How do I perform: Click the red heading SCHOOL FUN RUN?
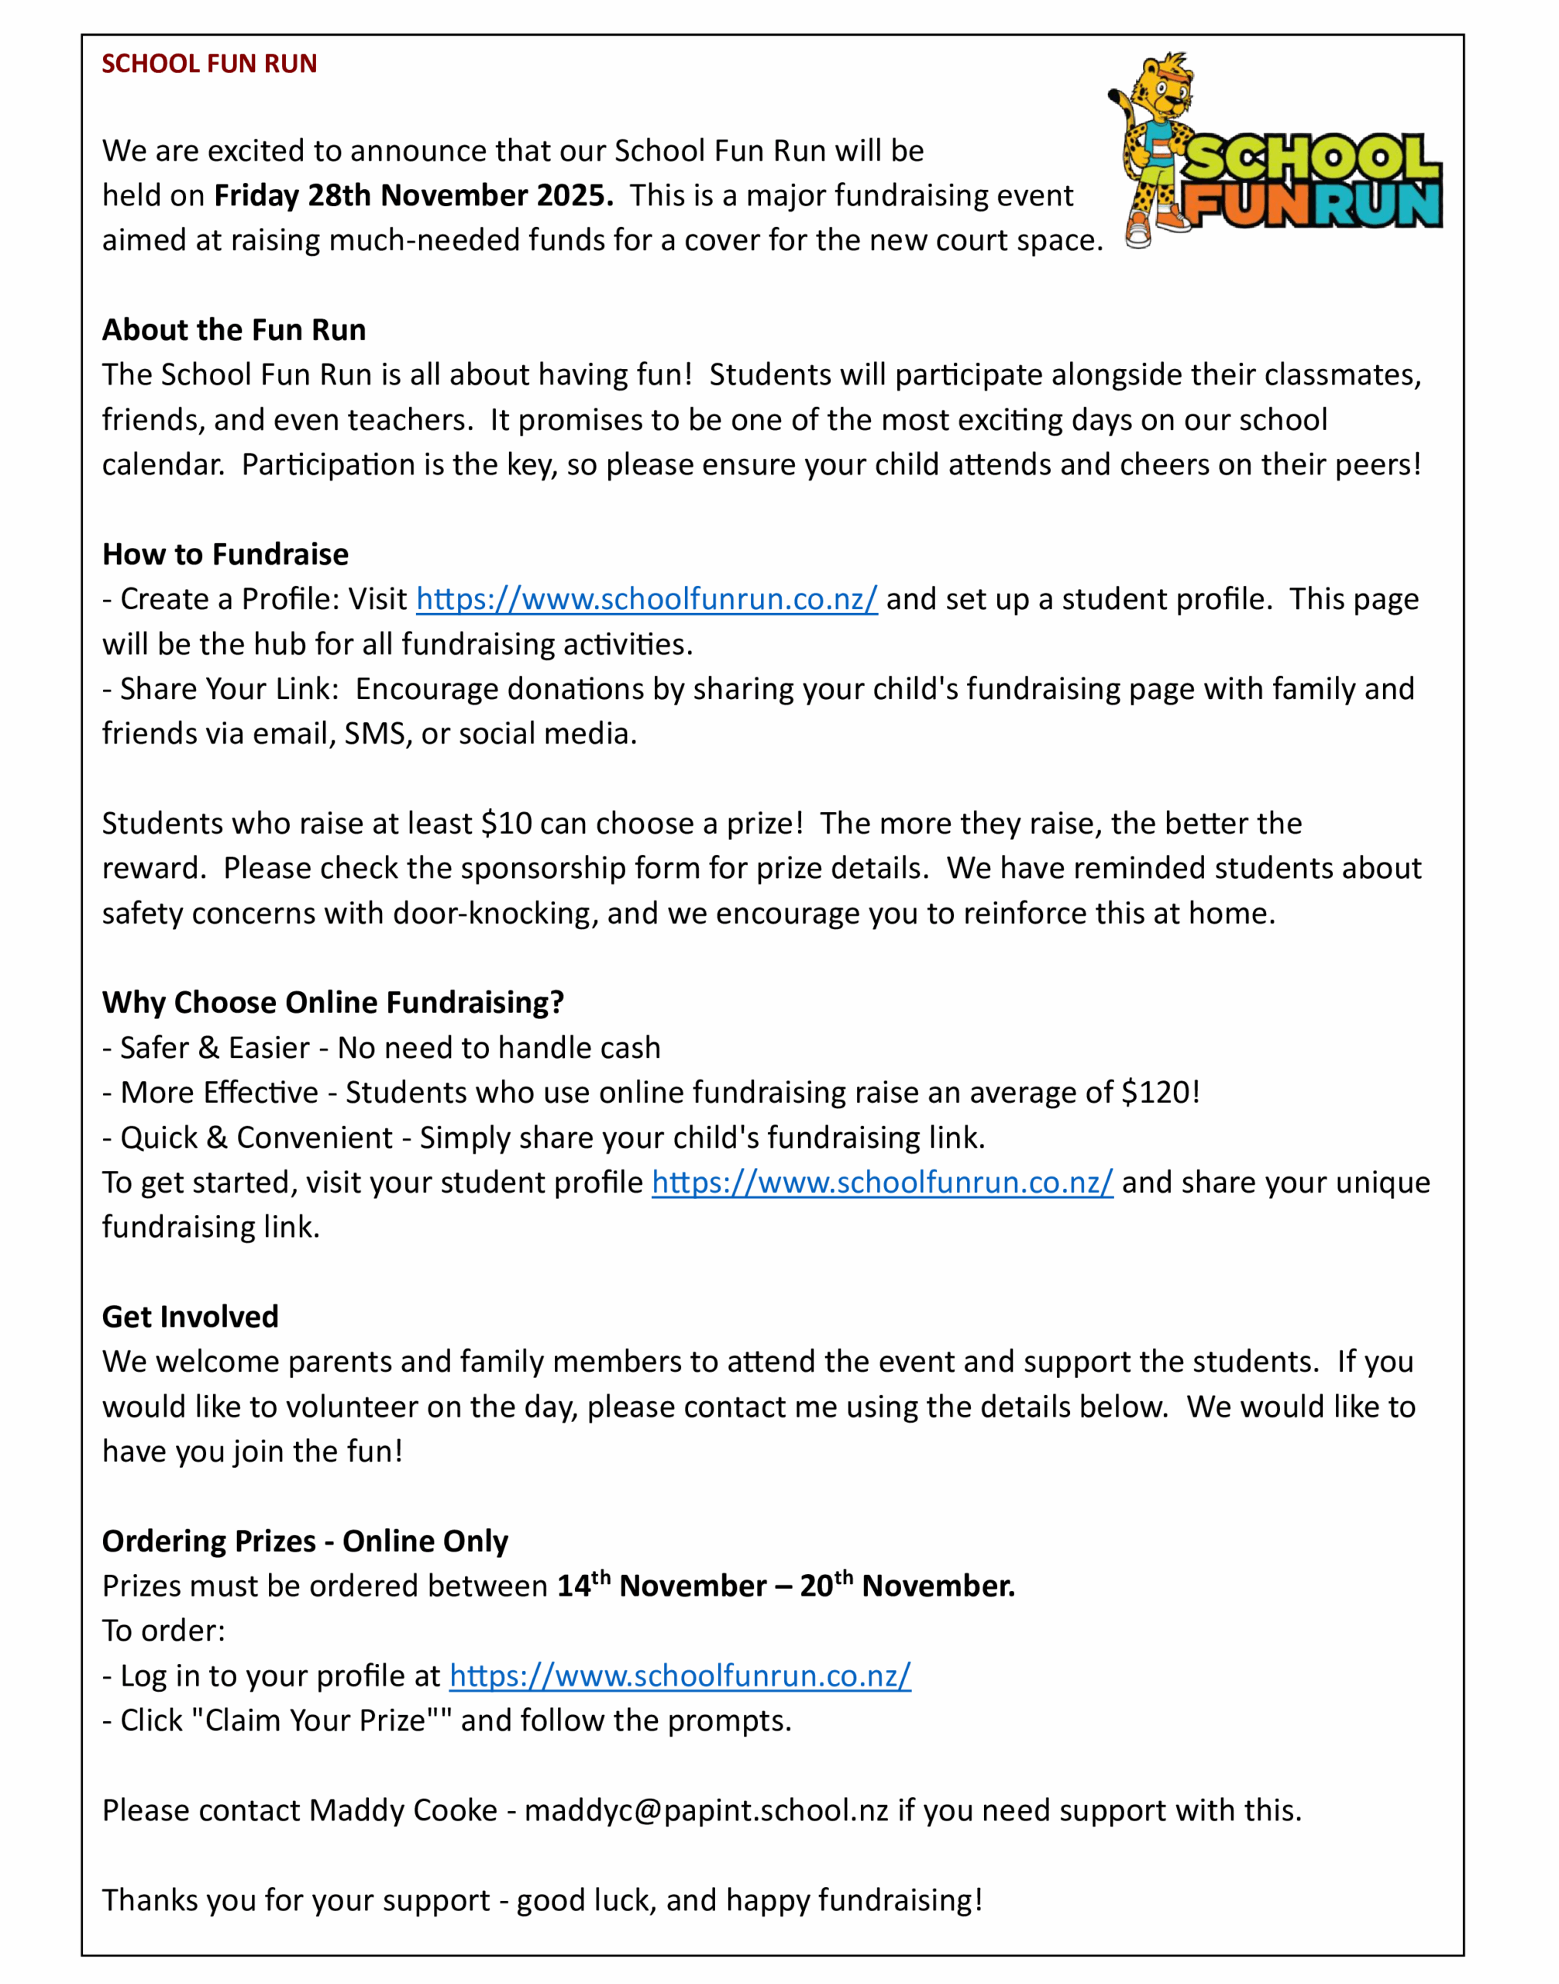pos(209,64)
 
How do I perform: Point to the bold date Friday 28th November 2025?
pos(414,195)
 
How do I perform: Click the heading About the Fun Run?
pos(234,329)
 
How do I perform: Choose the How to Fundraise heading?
pos(225,554)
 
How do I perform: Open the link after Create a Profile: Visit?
pos(646,599)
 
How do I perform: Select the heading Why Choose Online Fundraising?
pos(333,1003)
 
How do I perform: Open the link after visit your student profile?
pos(882,1183)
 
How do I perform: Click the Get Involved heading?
pos(191,1317)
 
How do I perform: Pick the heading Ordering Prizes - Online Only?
pos(305,1541)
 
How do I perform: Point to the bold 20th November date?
pos(907,1586)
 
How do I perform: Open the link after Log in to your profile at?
pos(680,1676)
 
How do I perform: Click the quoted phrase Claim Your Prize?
pos(315,1720)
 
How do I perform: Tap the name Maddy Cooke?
pos(404,1810)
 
